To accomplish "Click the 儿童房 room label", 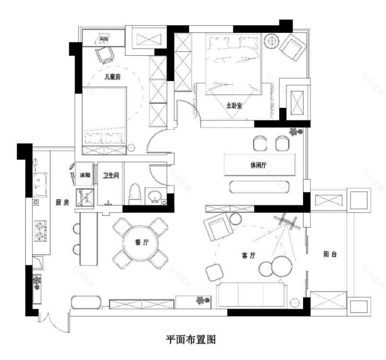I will pos(112,76).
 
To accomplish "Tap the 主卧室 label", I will pos(234,106).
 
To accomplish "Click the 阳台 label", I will pos(330,254).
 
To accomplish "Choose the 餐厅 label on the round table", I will pos(141,243).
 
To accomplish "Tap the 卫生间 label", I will pos(111,175).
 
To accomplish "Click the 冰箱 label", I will pos(85,175).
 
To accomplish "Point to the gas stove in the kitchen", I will pos(40,232).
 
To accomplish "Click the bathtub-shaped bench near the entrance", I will pos(87,302).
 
